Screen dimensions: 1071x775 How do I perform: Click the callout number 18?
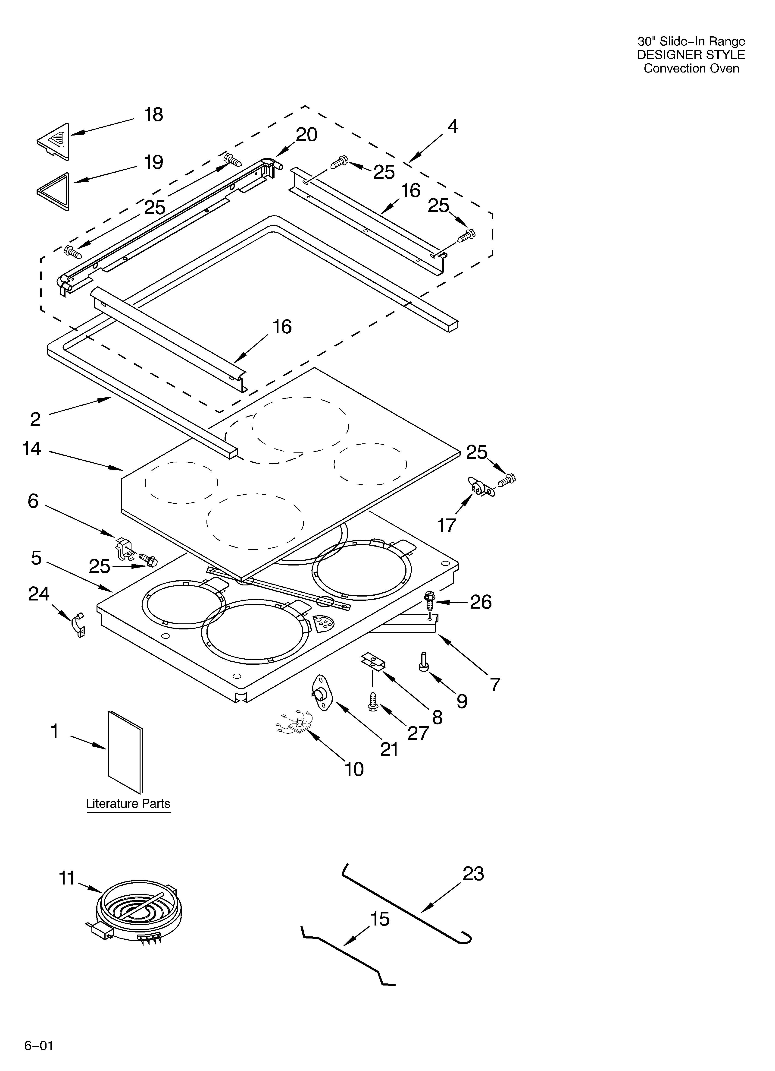click(153, 115)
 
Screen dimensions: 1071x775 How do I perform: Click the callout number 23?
click(473, 874)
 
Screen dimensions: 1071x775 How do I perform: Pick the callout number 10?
click(354, 769)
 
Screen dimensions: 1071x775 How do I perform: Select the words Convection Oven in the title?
click(691, 69)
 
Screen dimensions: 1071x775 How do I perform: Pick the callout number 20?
click(306, 135)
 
